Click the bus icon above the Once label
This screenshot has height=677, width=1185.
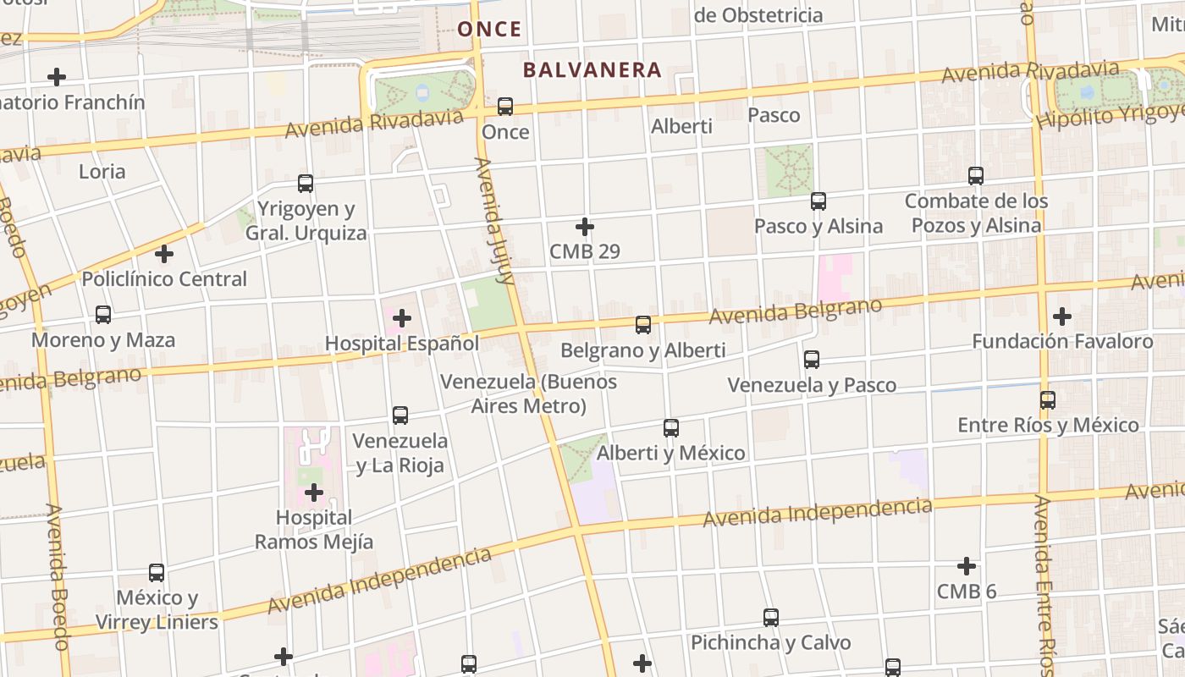point(505,107)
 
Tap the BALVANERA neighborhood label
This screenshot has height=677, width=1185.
point(592,69)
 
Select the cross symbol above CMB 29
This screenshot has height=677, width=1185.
point(584,227)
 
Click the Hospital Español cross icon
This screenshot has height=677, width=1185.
point(402,318)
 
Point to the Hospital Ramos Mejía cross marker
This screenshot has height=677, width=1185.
point(314,492)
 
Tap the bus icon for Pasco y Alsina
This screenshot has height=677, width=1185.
point(818,201)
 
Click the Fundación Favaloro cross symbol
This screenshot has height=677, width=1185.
point(1061,316)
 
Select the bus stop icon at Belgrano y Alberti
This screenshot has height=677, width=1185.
point(643,325)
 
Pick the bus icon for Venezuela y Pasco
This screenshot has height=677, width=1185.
point(812,360)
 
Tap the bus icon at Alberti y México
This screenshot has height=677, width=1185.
point(671,428)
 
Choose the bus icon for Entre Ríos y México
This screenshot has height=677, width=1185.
point(1048,400)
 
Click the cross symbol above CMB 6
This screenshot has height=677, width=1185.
point(966,565)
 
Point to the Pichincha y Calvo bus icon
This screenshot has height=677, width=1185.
point(770,618)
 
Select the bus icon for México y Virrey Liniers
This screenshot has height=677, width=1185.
point(157,573)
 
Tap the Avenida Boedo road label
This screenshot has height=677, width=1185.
point(57,575)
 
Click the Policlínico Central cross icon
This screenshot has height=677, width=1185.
point(164,253)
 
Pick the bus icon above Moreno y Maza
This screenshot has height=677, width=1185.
point(103,315)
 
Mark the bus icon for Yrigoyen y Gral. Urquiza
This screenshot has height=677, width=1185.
point(306,184)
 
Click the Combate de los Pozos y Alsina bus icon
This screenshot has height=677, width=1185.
point(976,176)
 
